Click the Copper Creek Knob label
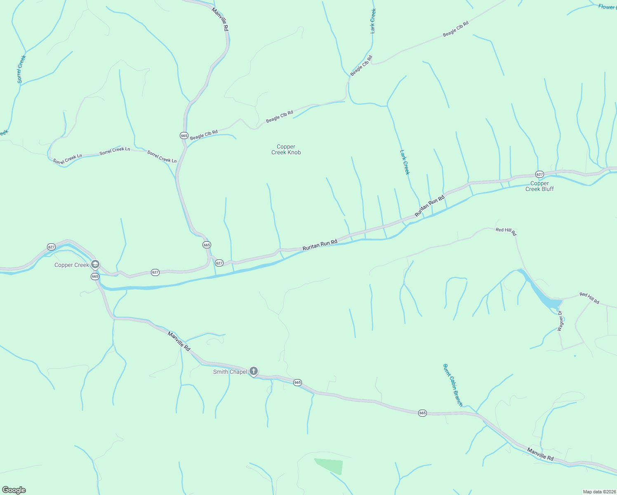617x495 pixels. coord(286,149)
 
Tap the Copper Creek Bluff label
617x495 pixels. coord(539,186)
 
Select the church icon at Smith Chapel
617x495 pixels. coord(254,371)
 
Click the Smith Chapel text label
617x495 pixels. coord(230,372)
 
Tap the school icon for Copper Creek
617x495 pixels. coord(95,264)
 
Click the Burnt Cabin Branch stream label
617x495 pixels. coord(453,385)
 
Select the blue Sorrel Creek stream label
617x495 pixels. coord(21,69)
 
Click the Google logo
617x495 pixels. coord(14,490)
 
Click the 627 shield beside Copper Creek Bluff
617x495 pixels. coord(539,174)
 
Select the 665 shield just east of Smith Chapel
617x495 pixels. coord(297,382)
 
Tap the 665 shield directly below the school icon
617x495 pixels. coord(95,276)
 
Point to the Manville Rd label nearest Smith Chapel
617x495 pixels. coord(179,341)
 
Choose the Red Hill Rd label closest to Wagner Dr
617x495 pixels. coord(589,297)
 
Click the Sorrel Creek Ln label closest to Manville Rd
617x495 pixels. coord(162,157)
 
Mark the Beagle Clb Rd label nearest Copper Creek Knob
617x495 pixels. coord(279,116)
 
